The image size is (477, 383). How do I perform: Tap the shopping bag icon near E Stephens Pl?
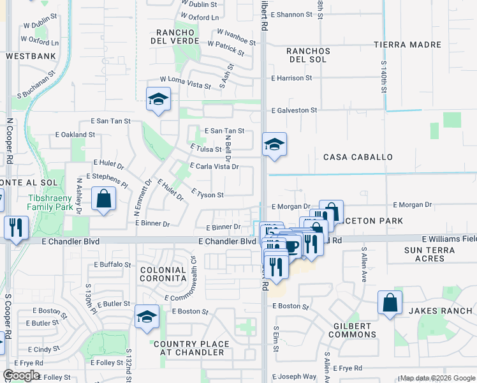(103, 199)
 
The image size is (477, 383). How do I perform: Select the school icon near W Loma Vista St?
(158, 100)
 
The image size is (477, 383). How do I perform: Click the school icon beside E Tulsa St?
(274, 144)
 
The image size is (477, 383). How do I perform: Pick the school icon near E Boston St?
(147, 316)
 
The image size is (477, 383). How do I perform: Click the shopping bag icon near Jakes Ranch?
(390, 303)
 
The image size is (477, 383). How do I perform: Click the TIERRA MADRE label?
(407, 45)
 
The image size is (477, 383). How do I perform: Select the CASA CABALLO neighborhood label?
(358, 157)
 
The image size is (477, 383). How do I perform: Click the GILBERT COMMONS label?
(353, 330)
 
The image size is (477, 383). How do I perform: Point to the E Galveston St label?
(294, 110)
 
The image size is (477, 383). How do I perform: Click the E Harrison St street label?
(291, 78)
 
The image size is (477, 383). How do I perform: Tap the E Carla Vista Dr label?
(214, 167)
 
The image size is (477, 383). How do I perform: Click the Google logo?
(21, 375)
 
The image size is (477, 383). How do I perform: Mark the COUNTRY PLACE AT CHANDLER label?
(182, 349)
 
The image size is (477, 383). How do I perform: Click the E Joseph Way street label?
(294, 377)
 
